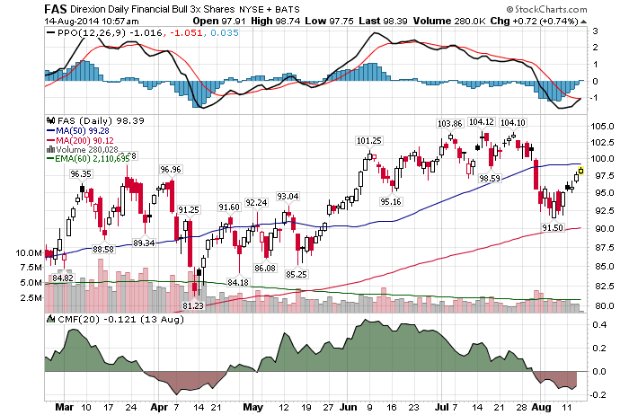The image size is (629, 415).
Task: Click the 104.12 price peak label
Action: [x=483, y=122]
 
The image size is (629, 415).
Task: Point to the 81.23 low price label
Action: [x=193, y=306]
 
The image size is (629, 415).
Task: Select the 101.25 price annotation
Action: [x=369, y=141]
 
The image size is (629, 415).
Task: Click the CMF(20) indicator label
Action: [x=70, y=319]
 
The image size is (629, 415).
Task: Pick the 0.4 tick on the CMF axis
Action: [x=598, y=326]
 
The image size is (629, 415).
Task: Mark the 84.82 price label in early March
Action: [x=62, y=278]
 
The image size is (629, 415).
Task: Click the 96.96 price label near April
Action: [x=170, y=169]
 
